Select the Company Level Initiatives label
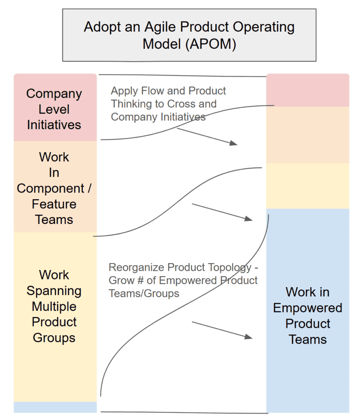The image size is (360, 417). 54,109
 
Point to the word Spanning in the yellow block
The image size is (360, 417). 54,291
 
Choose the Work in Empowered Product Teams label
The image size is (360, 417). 307,316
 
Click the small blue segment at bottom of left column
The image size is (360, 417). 55,407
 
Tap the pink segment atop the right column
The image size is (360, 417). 307,90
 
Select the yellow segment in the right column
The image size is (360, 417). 307,186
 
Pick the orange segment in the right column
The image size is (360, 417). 307,135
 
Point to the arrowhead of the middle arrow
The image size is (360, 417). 249,219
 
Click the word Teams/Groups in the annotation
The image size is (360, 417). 144,293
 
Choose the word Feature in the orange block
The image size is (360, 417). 54,204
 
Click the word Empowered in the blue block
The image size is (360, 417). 307,308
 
